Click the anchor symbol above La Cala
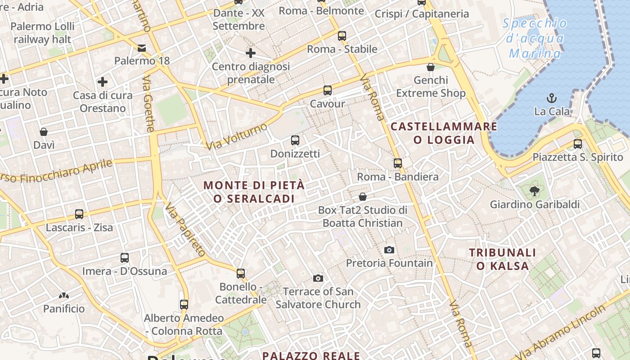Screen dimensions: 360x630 [x=551, y=98]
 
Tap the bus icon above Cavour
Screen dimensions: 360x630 [x=328, y=90]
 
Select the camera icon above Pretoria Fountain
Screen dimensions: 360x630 [x=389, y=250]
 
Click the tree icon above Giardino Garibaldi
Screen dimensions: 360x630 [x=535, y=191]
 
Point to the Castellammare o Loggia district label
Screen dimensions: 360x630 [x=444, y=133]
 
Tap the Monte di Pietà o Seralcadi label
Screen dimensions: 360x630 [x=254, y=192]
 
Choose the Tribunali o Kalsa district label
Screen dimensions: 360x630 [x=503, y=259]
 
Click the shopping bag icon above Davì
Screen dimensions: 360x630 [x=44, y=132]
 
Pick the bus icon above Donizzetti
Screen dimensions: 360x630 [x=295, y=140]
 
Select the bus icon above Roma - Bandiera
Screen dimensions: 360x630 [x=397, y=163]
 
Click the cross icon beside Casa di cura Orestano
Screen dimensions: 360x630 [x=103, y=82]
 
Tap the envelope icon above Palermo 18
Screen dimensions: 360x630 [x=142, y=48]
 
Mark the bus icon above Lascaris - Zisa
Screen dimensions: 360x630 [x=79, y=214]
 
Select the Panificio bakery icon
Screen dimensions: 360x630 [x=63, y=296]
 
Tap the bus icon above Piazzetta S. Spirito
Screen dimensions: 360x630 [x=578, y=144]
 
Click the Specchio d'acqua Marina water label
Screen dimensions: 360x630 [x=535, y=38]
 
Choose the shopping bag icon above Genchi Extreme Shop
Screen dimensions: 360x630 [x=431, y=67]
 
